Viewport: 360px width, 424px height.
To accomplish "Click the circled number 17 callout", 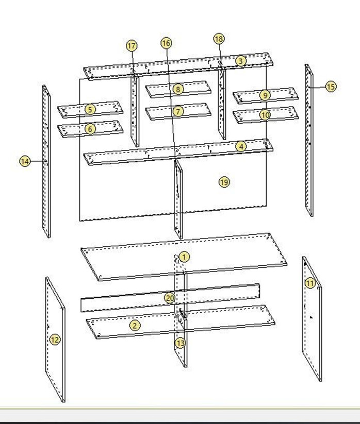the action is pos(132,46).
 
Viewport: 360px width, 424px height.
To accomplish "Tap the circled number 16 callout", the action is pos(166,43).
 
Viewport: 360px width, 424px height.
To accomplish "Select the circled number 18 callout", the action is pos(219,39).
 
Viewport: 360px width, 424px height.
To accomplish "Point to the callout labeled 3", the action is pos(241,61).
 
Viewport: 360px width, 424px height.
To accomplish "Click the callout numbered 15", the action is pos(331,87).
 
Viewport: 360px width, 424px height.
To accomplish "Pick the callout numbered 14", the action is pos(25,161).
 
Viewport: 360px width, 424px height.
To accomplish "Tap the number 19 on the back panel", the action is pos(224,182).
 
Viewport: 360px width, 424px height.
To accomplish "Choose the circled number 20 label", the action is pos(170,298).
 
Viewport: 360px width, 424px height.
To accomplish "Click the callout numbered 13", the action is pos(180,343).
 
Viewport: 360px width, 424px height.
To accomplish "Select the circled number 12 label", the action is pos(55,340).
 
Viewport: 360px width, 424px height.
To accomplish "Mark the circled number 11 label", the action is pos(310,283).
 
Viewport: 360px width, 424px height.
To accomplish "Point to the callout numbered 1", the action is pos(184,257).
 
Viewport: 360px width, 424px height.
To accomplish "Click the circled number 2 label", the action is pos(135,325).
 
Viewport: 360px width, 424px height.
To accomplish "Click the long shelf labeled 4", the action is pos(178,151).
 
